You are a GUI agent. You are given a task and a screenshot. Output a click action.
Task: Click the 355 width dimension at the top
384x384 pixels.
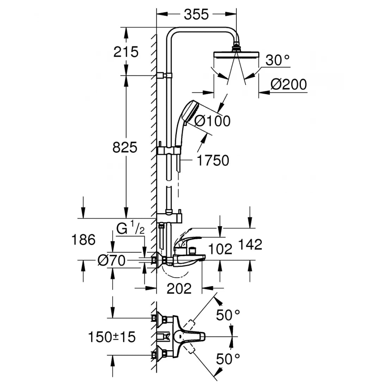(x=196, y=14)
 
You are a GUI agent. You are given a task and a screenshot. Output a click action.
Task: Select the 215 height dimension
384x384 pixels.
(x=126, y=52)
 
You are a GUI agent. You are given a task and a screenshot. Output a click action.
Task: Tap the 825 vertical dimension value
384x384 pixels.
(x=125, y=148)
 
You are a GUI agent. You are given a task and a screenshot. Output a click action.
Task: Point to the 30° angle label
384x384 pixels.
(x=278, y=60)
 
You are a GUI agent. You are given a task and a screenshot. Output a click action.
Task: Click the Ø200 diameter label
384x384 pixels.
(x=289, y=85)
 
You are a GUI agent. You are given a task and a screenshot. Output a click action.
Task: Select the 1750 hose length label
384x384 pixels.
(x=213, y=161)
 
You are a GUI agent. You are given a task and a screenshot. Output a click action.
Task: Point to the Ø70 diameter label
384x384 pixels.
(x=111, y=261)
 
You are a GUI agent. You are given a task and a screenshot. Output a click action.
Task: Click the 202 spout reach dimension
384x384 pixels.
(x=179, y=289)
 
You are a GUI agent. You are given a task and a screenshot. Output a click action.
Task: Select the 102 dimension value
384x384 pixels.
(x=220, y=249)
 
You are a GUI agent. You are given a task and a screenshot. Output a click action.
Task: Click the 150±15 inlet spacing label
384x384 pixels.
(x=112, y=337)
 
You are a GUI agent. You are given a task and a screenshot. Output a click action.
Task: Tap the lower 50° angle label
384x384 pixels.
(x=228, y=359)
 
